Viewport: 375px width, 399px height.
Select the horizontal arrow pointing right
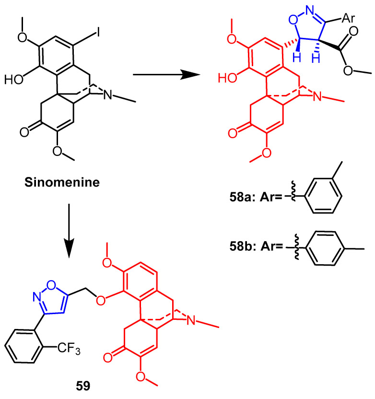point(165,74)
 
